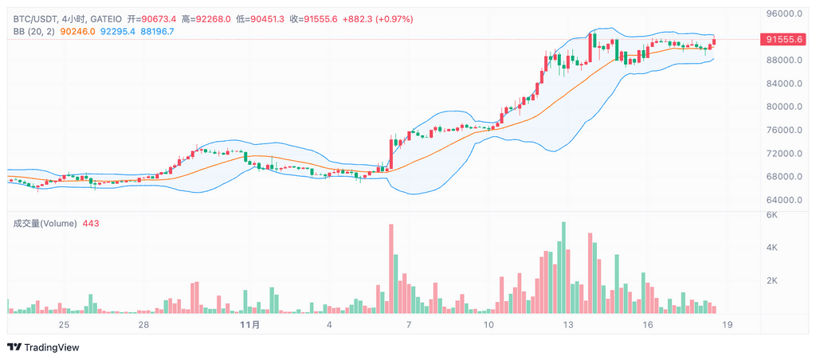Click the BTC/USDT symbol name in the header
click(x=34, y=18)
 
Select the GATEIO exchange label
click(x=106, y=18)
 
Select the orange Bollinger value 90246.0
click(x=78, y=31)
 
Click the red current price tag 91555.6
click(x=783, y=39)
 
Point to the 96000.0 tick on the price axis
click(x=783, y=14)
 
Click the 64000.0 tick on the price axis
click(x=783, y=200)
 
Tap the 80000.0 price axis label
click(x=783, y=107)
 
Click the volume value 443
click(x=91, y=224)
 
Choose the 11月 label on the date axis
click(x=249, y=325)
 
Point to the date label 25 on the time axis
click(x=64, y=325)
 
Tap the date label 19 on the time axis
click(x=728, y=325)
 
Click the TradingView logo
click(x=44, y=347)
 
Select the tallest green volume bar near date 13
click(x=563, y=268)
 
